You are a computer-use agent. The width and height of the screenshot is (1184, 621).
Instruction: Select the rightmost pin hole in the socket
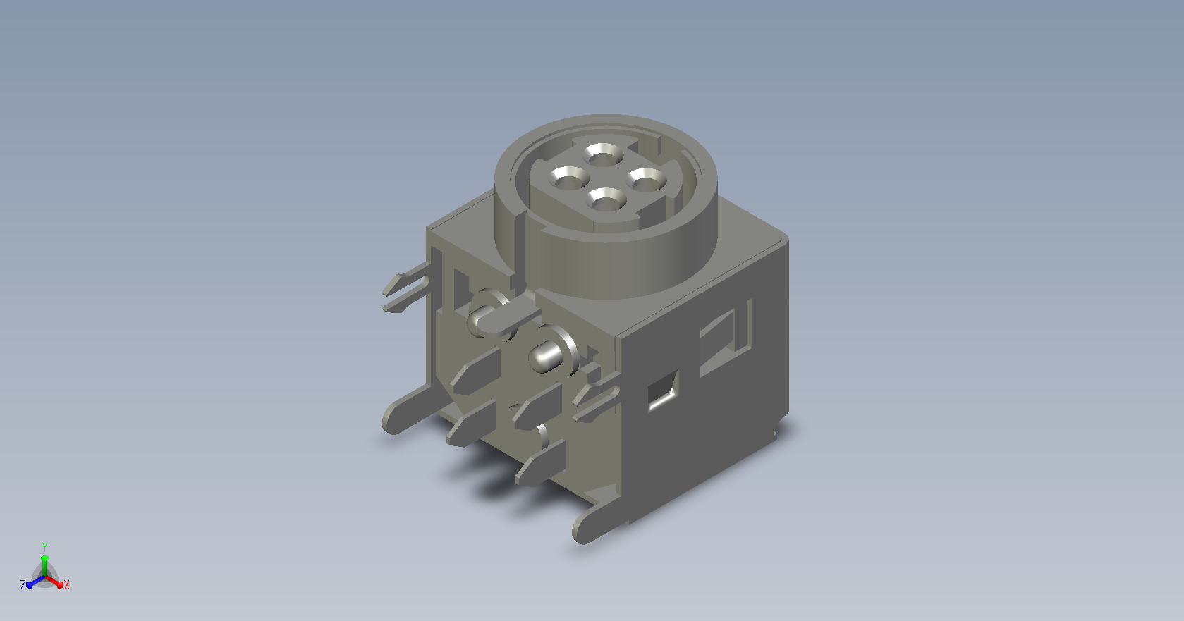[x=646, y=180]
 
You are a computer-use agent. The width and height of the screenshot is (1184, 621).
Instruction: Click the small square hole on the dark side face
[x=663, y=391]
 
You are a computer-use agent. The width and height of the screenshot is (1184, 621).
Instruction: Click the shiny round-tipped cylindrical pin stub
[x=546, y=357]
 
